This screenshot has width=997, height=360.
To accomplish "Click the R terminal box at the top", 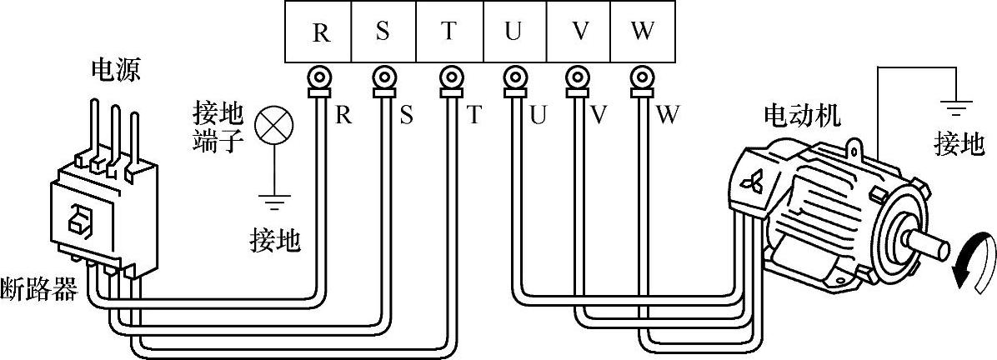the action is pyautogui.click(x=319, y=32).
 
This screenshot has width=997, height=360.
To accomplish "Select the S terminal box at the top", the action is pyautogui.click(x=383, y=32).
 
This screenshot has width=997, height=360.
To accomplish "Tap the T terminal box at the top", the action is pyautogui.click(x=448, y=32).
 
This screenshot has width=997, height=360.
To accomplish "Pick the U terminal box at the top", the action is pyautogui.click(x=514, y=32).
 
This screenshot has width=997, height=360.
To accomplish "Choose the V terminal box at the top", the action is pyautogui.click(x=579, y=32).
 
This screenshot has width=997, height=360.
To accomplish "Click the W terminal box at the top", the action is pyautogui.click(x=643, y=32).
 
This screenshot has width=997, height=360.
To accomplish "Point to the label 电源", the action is pyautogui.click(x=115, y=70).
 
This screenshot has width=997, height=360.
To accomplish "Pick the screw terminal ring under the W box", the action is pyautogui.click(x=641, y=78).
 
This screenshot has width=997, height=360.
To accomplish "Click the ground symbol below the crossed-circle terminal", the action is pyautogui.click(x=273, y=200).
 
